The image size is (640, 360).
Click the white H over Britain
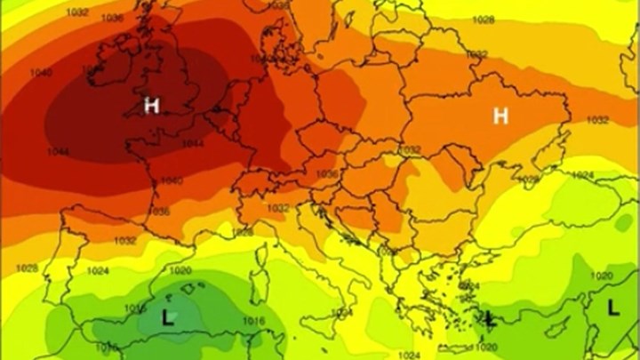coord(152,106)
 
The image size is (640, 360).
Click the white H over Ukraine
coord(501,116)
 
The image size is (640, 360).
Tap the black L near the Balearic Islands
coord(166,315)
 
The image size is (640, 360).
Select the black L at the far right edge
coord(613,308)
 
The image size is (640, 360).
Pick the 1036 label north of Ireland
coord(111,18)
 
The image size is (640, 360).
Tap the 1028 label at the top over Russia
coord(484,20)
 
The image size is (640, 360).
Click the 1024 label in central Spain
coord(98,271)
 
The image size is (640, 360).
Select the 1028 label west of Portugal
coord(27,268)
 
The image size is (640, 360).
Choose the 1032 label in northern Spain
coord(125,240)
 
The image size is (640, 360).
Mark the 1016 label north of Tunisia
coord(254,319)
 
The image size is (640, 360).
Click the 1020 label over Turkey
coord(601,276)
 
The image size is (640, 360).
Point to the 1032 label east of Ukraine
coord(597,120)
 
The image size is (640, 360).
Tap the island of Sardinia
coord(260,283)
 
